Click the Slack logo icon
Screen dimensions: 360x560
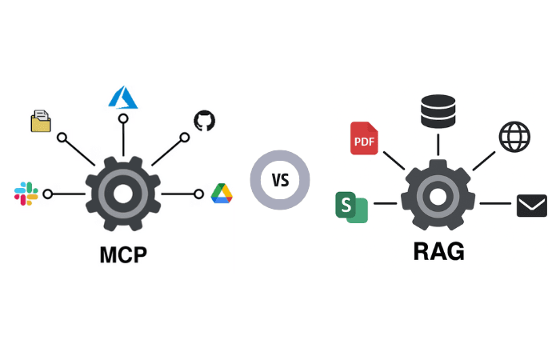tap(26, 193)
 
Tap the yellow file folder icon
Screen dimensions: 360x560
tap(41, 121)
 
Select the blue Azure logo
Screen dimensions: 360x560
tap(123, 97)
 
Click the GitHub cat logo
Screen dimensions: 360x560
tap(205, 121)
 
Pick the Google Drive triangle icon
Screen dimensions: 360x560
tap(222, 194)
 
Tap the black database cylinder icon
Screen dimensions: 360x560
tap(438, 111)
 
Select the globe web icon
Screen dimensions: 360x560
tap(514, 136)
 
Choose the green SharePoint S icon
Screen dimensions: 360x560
tap(351, 206)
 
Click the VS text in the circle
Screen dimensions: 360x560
tap(280, 180)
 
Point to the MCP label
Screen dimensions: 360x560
tap(123, 255)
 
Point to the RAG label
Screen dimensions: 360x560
tap(438, 251)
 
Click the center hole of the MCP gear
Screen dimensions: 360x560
tap(123, 194)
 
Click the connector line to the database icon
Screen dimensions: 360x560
tap(438, 144)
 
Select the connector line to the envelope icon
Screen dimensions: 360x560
tap(496, 203)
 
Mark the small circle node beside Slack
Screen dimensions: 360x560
tap(48, 194)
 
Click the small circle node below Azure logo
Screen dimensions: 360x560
tap(123, 118)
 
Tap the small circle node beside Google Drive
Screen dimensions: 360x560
tap(199, 194)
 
